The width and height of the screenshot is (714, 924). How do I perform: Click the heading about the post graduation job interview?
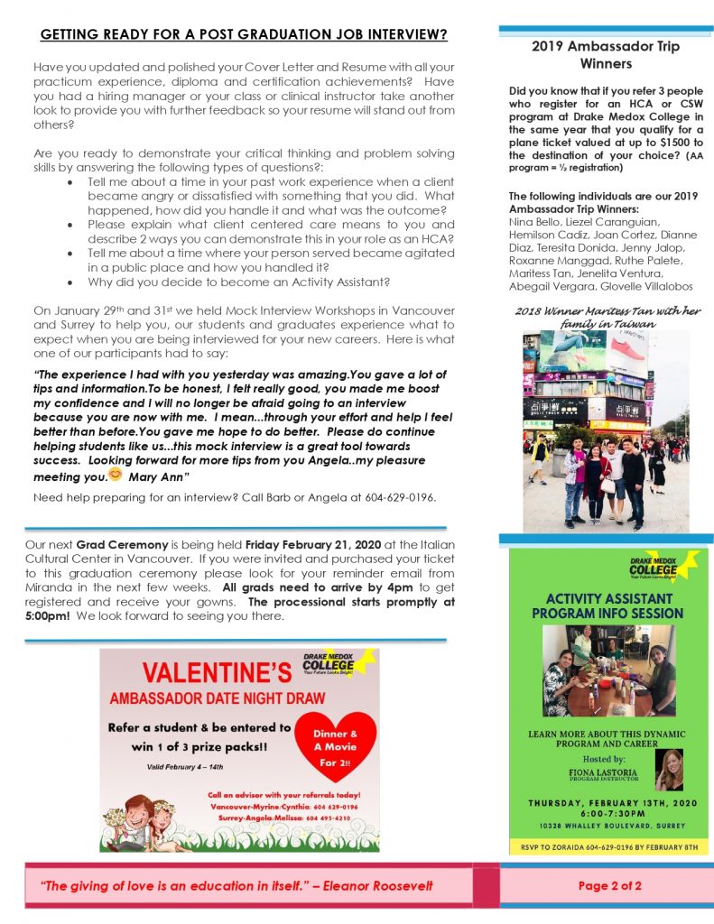(x=244, y=35)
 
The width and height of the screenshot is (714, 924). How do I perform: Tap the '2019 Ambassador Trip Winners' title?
(x=606, y=54)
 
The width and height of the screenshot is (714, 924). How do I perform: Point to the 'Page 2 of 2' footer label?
(x=609, y=885)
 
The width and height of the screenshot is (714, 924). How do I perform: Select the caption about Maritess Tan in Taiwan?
(x=607, y=317)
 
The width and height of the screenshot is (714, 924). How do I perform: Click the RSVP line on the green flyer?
(x=607, y=847)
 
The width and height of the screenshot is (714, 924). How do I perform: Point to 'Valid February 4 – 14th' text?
(x=185, y=767)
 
